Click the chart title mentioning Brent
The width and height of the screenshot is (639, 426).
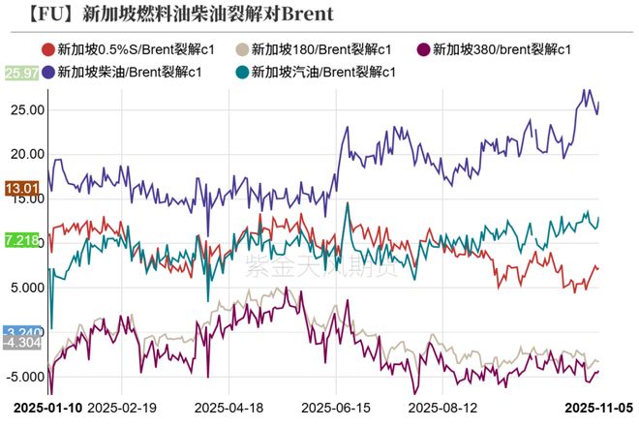coord(178,14)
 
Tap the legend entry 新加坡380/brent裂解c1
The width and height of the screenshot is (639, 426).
coord(493,49)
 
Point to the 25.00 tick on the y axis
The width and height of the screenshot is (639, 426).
coord(25,109)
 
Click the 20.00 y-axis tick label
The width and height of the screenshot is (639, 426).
coord(25,154)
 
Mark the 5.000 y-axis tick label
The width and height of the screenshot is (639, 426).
coord(25,288)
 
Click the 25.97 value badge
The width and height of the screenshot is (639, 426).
coord(21,73)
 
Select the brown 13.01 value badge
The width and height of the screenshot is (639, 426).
coord(21,188)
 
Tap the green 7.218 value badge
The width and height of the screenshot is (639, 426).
coord(21,239)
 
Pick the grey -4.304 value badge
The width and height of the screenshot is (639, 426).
coord(21,343)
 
